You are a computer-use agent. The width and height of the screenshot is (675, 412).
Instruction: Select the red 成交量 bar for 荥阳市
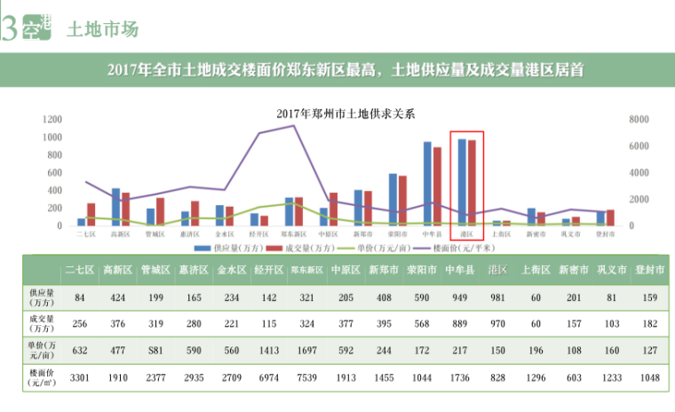(x=402, y=201)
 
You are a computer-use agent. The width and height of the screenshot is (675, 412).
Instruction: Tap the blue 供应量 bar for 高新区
(x=115, y=207)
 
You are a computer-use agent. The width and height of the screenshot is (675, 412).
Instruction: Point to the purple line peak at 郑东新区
(x=294, y=125)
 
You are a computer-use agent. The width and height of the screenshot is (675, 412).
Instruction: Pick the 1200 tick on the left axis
(x=51, y=120)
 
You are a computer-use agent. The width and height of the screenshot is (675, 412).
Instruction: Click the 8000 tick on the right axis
(x=638, y=120)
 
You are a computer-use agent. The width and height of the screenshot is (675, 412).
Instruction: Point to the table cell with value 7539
(x=302, y=377)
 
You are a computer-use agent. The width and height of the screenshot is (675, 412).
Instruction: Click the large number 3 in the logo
(x=9, y=29)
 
